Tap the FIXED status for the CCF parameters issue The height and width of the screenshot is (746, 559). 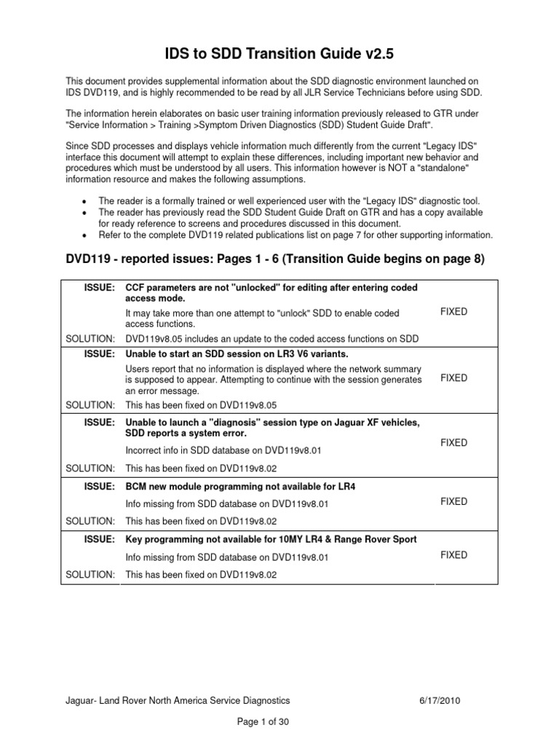point(454,312)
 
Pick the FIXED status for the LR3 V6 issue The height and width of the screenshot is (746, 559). point(454,378)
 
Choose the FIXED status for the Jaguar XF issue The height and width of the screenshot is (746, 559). point(454,443)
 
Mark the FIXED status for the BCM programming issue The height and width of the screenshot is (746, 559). point(454,501)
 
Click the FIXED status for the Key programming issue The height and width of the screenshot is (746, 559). point(454,555)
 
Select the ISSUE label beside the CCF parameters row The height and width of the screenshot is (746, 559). point(99,288)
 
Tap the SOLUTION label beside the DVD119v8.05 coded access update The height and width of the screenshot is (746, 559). point(90,338)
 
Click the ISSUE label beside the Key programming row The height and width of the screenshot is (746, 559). point(99,539)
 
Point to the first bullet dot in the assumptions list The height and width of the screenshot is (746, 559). point(87,201)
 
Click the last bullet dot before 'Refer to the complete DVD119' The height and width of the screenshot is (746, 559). point(87,236)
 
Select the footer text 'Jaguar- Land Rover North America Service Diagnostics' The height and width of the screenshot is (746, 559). point(178,700)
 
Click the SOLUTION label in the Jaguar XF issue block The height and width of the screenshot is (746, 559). point(90,468)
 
